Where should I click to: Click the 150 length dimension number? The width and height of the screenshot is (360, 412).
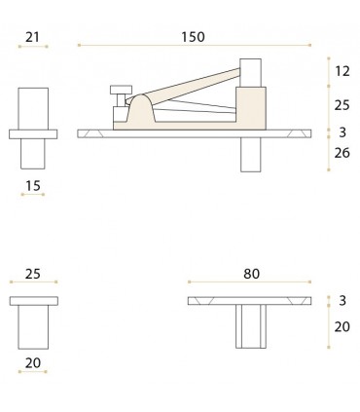click(194, 36)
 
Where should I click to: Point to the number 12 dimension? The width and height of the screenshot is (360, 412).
click(341, 71)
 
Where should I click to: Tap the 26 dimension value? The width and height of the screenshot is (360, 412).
click(341, 153)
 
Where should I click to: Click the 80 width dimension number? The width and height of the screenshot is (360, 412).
click(252, 275)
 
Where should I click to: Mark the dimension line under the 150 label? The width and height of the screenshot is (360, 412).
click(194, 45)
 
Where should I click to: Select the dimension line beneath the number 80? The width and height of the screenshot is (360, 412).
click(252, 284)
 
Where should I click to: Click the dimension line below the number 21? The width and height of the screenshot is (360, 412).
click(33, 45)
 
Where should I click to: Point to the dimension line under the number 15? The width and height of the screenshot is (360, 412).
click(33, 194)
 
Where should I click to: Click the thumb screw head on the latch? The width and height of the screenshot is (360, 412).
click(122, 90)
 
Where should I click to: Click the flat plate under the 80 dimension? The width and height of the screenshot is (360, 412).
click(252, 300)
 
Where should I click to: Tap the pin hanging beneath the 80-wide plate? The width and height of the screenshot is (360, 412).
click(250, 326)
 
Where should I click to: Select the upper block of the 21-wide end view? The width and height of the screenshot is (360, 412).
click(33, 107)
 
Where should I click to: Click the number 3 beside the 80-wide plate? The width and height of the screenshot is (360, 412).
click(342, 301)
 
